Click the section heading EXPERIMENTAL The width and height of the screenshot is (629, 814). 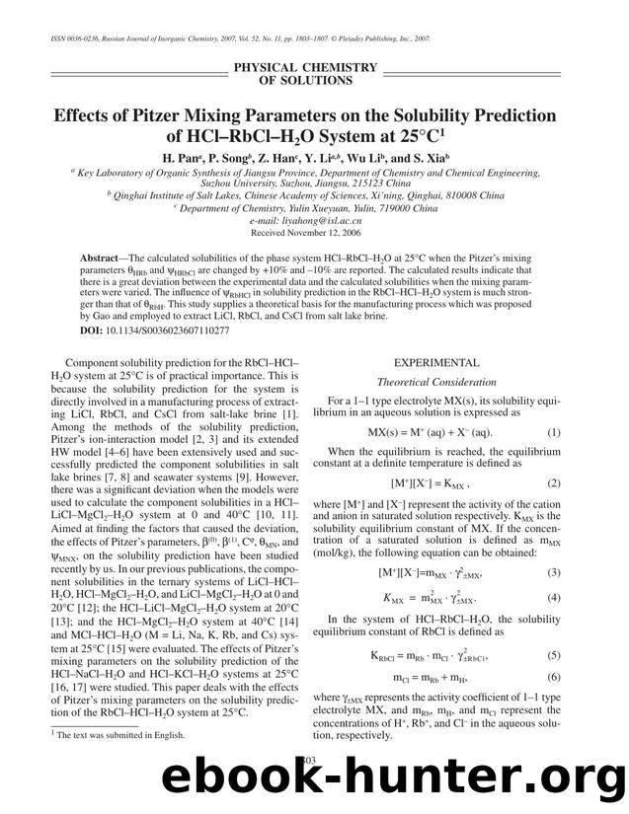point(436,363)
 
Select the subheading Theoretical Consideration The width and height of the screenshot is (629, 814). point(436,381)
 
